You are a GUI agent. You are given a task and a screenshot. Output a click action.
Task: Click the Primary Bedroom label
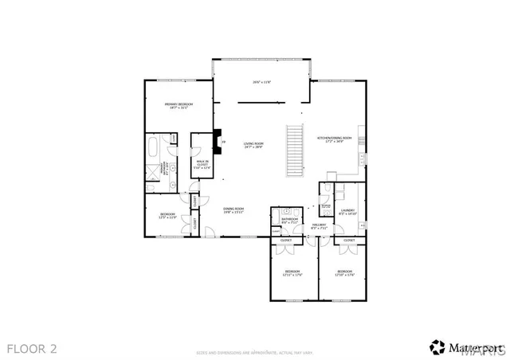(x=178, y=106)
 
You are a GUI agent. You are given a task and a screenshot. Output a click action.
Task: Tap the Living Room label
(x=253, y=144)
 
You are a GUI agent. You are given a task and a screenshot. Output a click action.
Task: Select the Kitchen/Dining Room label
(x=330, y=139)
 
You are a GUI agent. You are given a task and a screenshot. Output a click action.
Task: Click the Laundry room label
(x=347, y=212)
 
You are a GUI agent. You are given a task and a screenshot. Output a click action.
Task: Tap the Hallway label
(x=319, y=226)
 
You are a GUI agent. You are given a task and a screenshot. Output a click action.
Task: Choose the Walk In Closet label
(x=202, y=165)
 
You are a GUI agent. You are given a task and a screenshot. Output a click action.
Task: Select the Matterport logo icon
(x=437, y=347)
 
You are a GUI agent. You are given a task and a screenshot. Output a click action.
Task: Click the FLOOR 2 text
(x=32, y=348)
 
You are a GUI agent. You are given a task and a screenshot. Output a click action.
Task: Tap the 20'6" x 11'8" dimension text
(x=262, y=82)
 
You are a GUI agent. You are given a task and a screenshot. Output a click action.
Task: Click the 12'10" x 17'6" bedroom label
(x=344, y=274)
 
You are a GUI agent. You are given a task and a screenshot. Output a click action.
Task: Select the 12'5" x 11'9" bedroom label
(x=167, y=215)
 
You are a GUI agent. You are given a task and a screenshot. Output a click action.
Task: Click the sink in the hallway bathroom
(x=284, y=209)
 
